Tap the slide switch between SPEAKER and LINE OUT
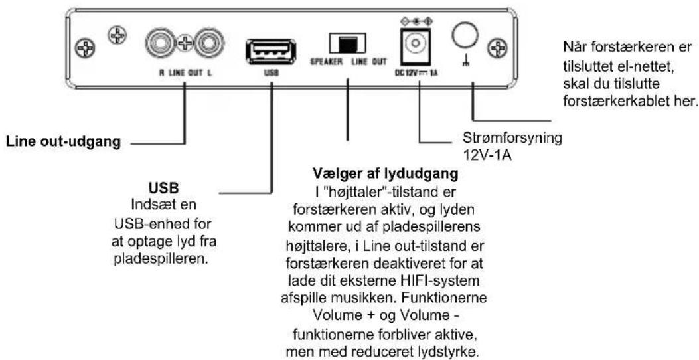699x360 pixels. (347, 43)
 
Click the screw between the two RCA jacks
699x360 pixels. (185, 44)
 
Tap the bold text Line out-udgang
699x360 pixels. (63, 143)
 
